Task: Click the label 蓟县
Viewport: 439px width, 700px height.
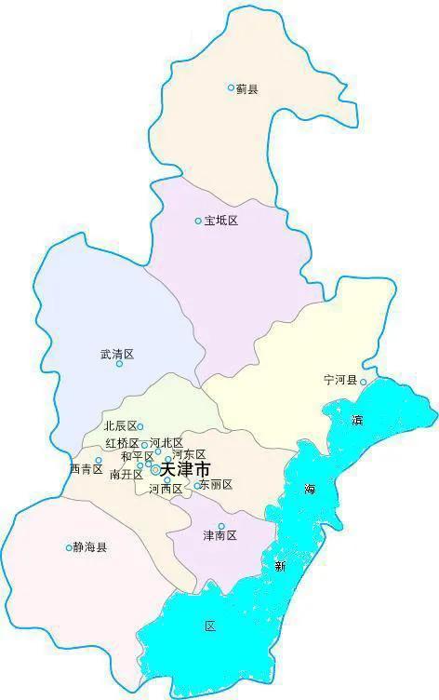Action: (246, 88)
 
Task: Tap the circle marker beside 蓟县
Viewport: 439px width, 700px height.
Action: (232, 87)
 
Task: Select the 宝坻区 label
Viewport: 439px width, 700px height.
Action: (221, 221)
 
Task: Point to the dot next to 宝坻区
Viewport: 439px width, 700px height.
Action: (198, 221)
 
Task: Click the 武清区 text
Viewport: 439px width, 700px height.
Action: (117, 354)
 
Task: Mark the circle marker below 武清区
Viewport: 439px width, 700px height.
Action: (119, 364)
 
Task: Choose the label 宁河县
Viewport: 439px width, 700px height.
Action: (340, 381)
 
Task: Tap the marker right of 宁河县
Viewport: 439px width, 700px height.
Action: (363, 381)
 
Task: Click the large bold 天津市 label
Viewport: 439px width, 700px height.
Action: (185, 470)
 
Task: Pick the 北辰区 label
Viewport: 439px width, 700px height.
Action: (120, 426)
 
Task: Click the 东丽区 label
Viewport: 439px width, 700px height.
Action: (216, 484)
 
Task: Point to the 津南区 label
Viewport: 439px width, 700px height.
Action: (219, 536)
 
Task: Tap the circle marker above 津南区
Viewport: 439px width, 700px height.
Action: (221, 526)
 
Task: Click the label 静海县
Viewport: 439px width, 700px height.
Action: (90, 547)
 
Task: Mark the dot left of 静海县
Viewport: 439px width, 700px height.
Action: (69, 547)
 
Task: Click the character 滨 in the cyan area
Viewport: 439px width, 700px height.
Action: (358, 420)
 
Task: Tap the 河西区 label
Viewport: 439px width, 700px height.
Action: (165, 489)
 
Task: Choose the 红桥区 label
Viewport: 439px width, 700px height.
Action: (122, 443)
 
